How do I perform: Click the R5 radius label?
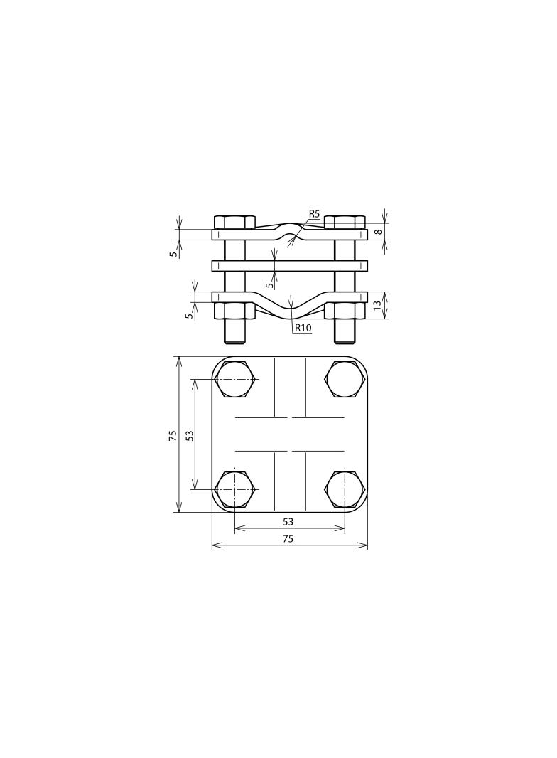point(315,213)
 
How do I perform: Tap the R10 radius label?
point(303,328)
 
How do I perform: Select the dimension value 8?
point(379,232)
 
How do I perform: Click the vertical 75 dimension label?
point(173,435)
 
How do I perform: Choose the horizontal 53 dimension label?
point(288,522)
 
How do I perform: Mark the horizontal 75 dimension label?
point(288,539)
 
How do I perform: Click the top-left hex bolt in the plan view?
point(234,380)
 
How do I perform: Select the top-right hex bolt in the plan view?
point(345,380)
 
